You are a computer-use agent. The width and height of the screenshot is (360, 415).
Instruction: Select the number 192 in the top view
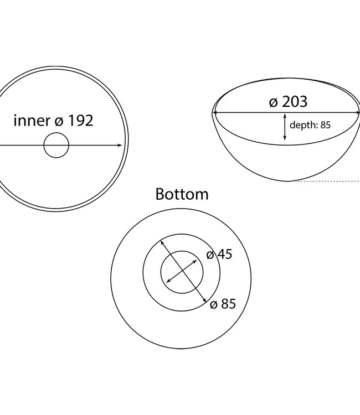click(x=80, y=121)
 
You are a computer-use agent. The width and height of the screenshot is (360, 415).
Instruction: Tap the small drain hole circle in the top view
click(x=56, y=146)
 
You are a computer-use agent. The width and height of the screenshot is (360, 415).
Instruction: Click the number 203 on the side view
click(x=295, y=102)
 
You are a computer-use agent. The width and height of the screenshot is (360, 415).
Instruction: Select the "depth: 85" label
click(x=310, y=125)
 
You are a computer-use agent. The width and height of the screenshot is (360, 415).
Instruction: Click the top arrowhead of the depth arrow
click(x=285, y=116)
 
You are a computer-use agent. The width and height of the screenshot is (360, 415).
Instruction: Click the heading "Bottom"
click(x=182, y=194)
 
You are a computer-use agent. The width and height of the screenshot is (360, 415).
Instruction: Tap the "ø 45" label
click(x=219, y=255)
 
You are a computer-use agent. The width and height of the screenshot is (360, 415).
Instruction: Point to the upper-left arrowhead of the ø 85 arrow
click(x=162, y=242)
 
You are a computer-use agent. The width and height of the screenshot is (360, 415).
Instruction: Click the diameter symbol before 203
click(x=273, y=102)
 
